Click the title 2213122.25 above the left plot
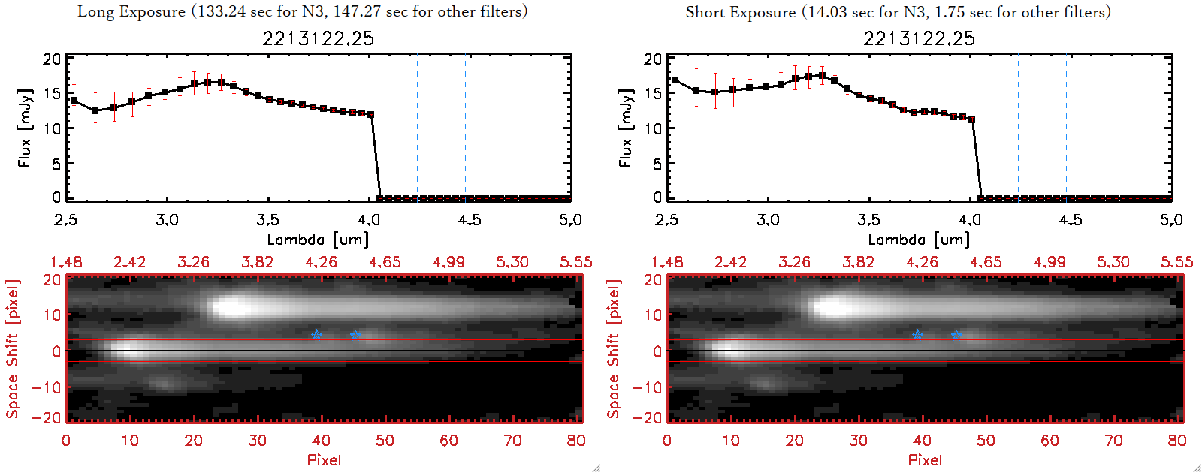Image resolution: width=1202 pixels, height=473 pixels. tap(318, 38)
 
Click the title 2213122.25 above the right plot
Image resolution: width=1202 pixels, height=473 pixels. tap(919, 38)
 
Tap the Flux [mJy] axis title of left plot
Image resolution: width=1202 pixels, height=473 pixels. tap(25, 128)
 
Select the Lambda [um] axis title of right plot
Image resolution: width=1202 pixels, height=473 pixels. tap(919, 240)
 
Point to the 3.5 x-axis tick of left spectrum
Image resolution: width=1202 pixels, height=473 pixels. tap(267, 220)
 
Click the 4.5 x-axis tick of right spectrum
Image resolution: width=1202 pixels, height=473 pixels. tap(1071, 220)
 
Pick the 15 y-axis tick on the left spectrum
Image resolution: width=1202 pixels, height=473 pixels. tap(52, 94)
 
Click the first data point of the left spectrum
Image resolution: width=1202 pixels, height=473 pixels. tap(74, 101)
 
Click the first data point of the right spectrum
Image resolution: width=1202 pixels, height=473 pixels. tap(675, 80)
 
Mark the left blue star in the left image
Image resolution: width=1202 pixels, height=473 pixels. tap(316, 334)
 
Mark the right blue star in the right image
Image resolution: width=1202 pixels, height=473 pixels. tap(956, 335)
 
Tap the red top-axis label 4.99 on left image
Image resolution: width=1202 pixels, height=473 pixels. tap(448, 262)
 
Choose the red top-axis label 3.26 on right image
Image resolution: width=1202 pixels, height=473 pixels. tap(794, 262)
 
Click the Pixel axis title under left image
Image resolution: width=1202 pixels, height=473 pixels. tap(324, 459)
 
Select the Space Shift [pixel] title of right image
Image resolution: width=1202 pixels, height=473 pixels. tap(614, 349)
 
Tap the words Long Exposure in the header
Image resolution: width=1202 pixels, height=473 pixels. tap(131, 11)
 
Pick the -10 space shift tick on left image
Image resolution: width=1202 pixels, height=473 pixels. tap(46, 387)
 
